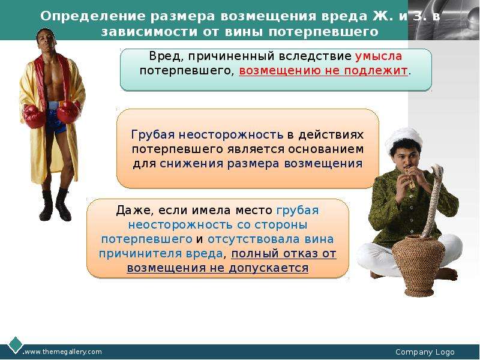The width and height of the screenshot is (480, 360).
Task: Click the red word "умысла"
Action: [379, 56]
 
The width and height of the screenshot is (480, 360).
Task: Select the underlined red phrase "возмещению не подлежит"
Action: [323, 71]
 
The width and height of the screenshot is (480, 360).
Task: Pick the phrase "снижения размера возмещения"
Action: [261, 163]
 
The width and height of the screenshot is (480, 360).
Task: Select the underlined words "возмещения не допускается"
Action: [217, 268]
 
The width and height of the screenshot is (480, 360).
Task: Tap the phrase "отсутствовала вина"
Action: [271, 239]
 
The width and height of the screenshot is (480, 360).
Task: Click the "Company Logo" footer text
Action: [425, 352]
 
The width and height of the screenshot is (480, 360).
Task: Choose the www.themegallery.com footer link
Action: [63, 352]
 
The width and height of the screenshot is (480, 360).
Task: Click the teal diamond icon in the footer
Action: [14, 344]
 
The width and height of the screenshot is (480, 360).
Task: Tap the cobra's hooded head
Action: [437, 172]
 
